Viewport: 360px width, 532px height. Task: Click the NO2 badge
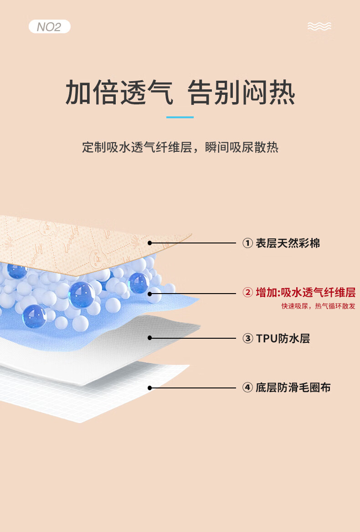pos(49,26)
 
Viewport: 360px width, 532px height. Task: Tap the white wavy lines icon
pos(319,26)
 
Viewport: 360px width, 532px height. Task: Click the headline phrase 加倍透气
pos(119,93)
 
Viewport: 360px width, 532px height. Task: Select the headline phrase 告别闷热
pos(242,93)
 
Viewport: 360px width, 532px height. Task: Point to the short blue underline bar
pos(180,117)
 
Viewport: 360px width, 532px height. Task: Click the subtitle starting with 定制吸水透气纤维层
pos(180,148)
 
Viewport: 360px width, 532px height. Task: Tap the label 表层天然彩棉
pos(288,243)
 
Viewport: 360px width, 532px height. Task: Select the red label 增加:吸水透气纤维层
pos(305,293)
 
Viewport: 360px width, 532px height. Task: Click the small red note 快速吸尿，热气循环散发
pos(318,306)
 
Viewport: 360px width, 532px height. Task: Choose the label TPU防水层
pos(283,338)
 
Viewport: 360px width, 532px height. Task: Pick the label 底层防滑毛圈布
pos(293,388)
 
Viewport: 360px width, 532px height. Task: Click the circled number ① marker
pos(247,243)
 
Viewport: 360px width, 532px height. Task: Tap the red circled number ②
pos(247,293)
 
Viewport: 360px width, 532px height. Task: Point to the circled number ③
pos(247,338)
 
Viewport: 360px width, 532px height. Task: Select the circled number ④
pos(247,388)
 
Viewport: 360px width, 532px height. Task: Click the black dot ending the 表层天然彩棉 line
pos(149,243)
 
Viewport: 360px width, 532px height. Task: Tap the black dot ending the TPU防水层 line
pos(149,338)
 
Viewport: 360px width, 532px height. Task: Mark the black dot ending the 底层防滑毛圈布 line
pos(149,388)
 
